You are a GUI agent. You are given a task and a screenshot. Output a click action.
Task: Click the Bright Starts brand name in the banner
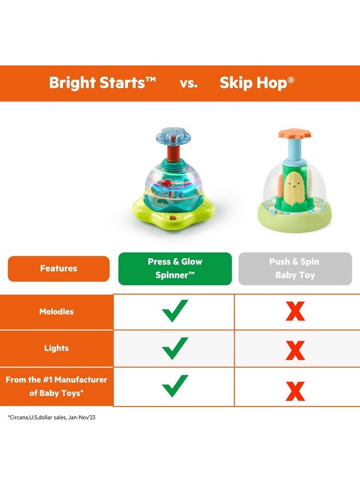tap(103, 83)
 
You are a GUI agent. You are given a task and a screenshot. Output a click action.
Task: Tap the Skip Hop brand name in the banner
tap(257, 83)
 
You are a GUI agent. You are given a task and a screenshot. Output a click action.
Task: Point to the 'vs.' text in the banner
tap(188, 83)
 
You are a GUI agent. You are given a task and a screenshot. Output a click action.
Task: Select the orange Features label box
tap(58, 268)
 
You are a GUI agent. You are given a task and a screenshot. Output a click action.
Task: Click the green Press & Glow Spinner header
tap(175, 268)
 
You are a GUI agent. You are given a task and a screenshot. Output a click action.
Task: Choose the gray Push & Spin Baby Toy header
tap(295, 268)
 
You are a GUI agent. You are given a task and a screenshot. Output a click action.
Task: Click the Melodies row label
tap(57, 312)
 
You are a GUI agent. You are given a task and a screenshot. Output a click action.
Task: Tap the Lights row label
tap(57, 348)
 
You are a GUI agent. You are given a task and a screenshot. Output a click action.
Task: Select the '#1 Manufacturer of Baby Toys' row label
tap(57, 386)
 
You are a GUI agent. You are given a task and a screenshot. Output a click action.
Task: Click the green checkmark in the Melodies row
tap(175, 310)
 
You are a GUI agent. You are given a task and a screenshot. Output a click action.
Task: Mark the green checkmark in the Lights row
tap(175, 348)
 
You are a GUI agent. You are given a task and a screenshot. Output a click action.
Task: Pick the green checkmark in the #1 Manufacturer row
tap(175, 386)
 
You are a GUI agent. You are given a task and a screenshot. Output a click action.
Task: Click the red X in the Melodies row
tap(295, 312)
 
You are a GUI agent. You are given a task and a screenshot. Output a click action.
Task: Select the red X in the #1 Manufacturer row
tap(295, 391)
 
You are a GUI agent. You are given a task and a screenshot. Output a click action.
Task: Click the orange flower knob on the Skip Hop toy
tap(293, 134)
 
